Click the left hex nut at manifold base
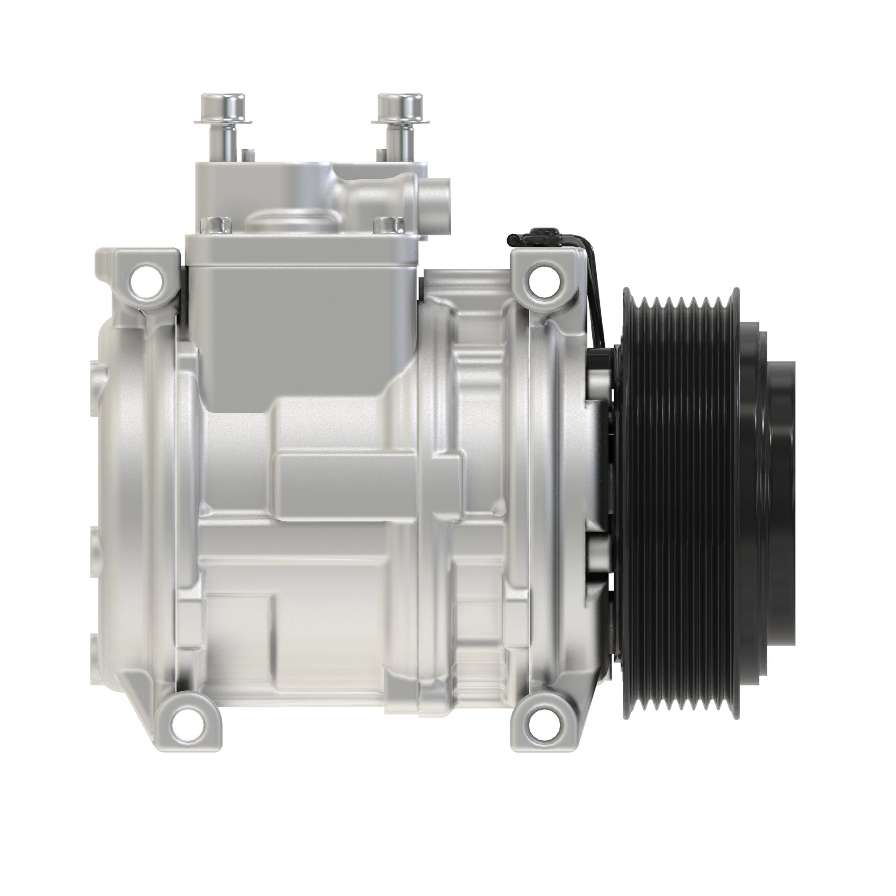[215, 225]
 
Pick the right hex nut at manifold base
[388, 225]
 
